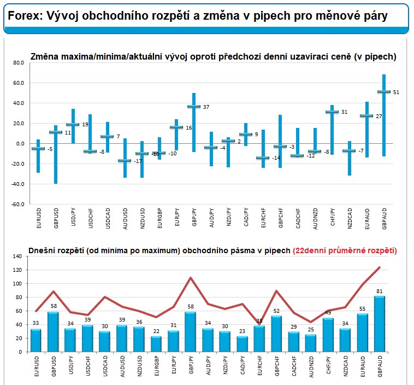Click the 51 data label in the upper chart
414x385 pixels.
[x=396, y=92]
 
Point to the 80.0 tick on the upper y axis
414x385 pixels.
[x=18, y=63]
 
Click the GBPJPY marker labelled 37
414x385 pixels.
[x=193, y=106]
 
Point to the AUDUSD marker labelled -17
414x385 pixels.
[x=125, y=161]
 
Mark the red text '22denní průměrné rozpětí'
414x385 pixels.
[x=345, y=250]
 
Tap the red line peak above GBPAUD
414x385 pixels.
[x=379, y=267]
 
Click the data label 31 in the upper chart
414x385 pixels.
[x=344, y=112]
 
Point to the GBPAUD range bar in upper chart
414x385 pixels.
[x=384, y=115]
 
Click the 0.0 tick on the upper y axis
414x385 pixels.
[x=20, y=143]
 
